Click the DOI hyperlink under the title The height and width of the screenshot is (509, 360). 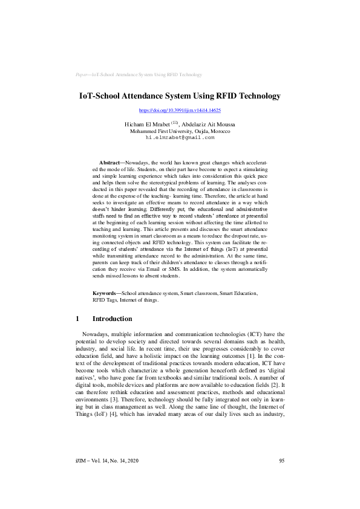[180, 111]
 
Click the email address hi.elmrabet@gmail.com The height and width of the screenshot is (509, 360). [180, 138]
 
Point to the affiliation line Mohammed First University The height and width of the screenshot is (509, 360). [180, 131]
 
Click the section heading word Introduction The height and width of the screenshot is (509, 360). [112, 319]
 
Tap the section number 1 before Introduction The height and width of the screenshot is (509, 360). [77, 319]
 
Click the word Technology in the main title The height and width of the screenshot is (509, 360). [260, 96]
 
